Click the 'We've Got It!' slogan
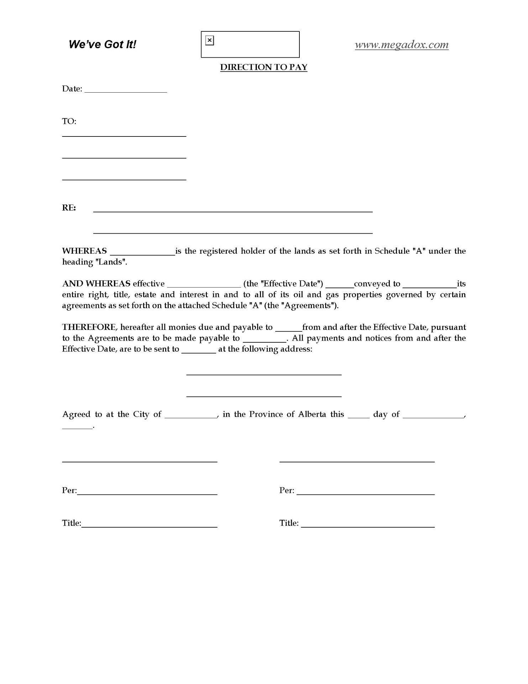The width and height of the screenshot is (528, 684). pos(102,45)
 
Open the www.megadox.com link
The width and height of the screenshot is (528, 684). pos(402,45)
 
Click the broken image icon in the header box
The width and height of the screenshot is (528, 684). pos(210,41)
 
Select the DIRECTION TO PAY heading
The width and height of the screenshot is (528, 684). pos(263,67)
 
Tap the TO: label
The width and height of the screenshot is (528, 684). pos(69,121)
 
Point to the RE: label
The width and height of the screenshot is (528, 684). pos(69,208)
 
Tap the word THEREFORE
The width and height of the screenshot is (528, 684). pos(89,327)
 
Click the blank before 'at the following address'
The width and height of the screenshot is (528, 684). pos(199,351)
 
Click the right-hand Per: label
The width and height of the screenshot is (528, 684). pos(287,491)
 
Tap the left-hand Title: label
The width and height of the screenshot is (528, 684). pos(71,523)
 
